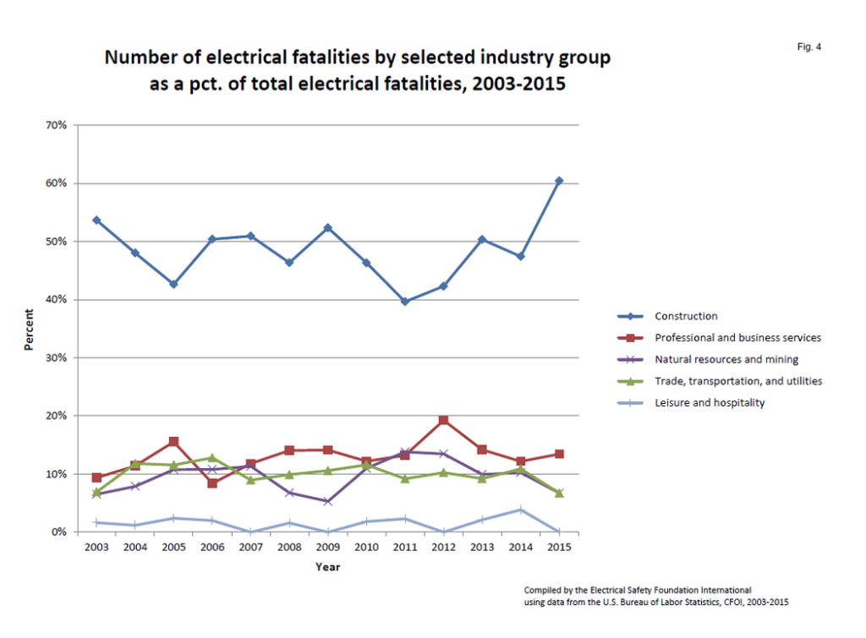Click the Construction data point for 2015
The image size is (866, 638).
pyautogui.click(x=559, y=181)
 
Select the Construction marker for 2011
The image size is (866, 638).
pyautogui.click(x=404, y=301)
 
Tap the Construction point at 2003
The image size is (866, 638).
pyautogui.click(x=96, y=220)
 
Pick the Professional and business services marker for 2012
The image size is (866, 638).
pyautogui.click(x=443, y=420)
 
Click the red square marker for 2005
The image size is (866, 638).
pyautogui.click(x=173, y=441)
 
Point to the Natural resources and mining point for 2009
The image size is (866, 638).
pyautogui.click(x=327, y=501)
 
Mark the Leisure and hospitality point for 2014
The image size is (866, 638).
pyautogui.click(x=520, y=510)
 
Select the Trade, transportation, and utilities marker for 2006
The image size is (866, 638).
pyautogui.click(x=212, y=457)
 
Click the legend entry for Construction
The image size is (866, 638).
pyautogui.click(x=686, y=316)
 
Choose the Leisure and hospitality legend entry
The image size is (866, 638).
pyautogui.click(x=709, y=403)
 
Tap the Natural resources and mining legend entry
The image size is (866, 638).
pyautogui.click(x=726, y=359)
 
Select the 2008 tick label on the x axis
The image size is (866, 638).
pyautogui.click(x=289, y=548)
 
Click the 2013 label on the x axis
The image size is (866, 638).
pyautogui.click(x=481, y=548)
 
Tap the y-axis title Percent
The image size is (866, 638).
pyautogui.click(x=29, y=329)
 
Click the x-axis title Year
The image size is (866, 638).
pyautogui.click(x=327, y=567)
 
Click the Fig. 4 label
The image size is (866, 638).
pyautogui.click(x=808, y=47)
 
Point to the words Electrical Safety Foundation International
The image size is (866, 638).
pyautogui.click(x=667, y=589)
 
